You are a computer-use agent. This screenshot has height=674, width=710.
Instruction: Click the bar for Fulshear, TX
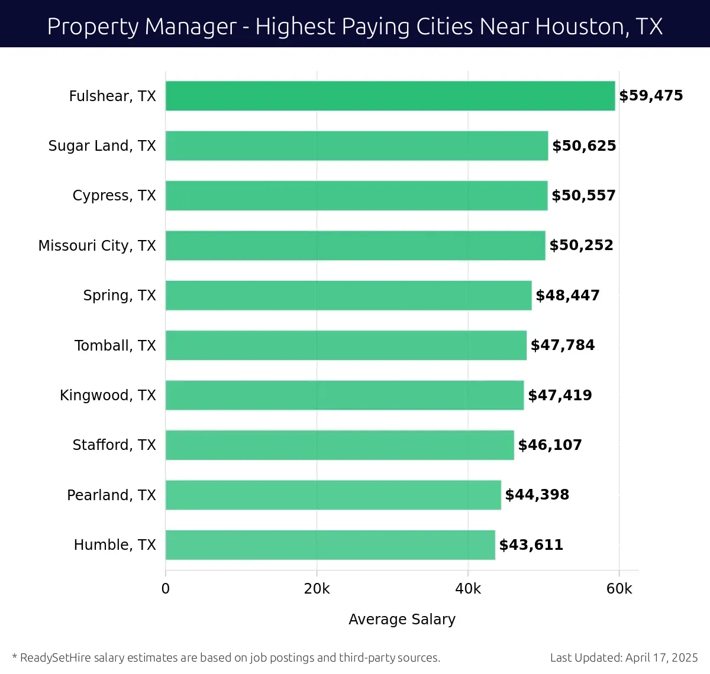point(390,96)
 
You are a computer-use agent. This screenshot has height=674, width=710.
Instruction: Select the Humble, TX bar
point(330,545)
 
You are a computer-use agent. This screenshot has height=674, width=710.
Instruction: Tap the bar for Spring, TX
point(348,295)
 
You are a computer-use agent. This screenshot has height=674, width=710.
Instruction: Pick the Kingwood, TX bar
point(344,395)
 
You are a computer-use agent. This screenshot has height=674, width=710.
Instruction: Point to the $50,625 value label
point(584,146)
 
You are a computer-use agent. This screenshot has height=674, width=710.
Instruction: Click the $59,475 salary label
point(651,96)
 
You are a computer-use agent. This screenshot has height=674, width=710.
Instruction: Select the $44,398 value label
point(537,495)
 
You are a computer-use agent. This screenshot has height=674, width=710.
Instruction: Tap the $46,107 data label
point(550,445)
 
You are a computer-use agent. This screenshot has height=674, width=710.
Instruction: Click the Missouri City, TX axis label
point(97,246)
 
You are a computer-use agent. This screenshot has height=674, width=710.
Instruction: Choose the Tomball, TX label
point(115,345)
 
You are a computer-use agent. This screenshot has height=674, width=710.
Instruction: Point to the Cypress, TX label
point(114,196)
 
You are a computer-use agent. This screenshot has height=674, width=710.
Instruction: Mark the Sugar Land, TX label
point(102,146)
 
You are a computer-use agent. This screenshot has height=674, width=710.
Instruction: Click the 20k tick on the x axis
point(317,589)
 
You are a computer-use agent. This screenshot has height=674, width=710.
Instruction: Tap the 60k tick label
point(619,589)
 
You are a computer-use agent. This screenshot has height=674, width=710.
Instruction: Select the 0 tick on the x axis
point(166,589)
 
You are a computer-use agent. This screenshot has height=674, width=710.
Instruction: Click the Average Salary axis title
point(402,619)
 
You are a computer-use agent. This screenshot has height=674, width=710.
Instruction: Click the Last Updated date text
point(624,657)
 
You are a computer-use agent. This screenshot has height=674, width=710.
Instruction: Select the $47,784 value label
point(562,345)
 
